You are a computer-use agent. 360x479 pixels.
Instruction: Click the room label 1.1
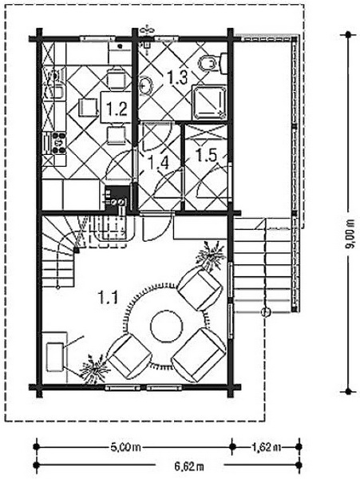point(108,297)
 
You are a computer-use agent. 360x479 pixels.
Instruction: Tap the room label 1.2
point(117,109)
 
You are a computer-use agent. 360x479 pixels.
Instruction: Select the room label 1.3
point(177,77)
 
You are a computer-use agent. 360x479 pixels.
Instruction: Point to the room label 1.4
point(157,163)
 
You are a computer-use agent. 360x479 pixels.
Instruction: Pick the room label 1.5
point(206,155)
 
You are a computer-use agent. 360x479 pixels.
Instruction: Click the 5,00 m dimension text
point(125,448)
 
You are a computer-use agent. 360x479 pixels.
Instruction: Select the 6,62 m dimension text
point(189,466)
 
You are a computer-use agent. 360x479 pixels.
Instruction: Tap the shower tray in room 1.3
point(209,102)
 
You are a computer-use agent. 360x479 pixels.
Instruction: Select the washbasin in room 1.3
point(145,85)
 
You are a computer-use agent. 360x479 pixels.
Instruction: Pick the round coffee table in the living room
point(166,327)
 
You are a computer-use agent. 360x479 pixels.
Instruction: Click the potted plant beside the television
point(93,369)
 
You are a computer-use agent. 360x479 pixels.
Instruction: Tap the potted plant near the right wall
point(212,255)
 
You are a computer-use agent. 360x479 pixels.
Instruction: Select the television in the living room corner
point(55,358)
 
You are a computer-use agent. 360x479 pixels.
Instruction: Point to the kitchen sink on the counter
point(55,92)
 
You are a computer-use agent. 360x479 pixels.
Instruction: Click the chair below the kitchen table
point(116,136)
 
